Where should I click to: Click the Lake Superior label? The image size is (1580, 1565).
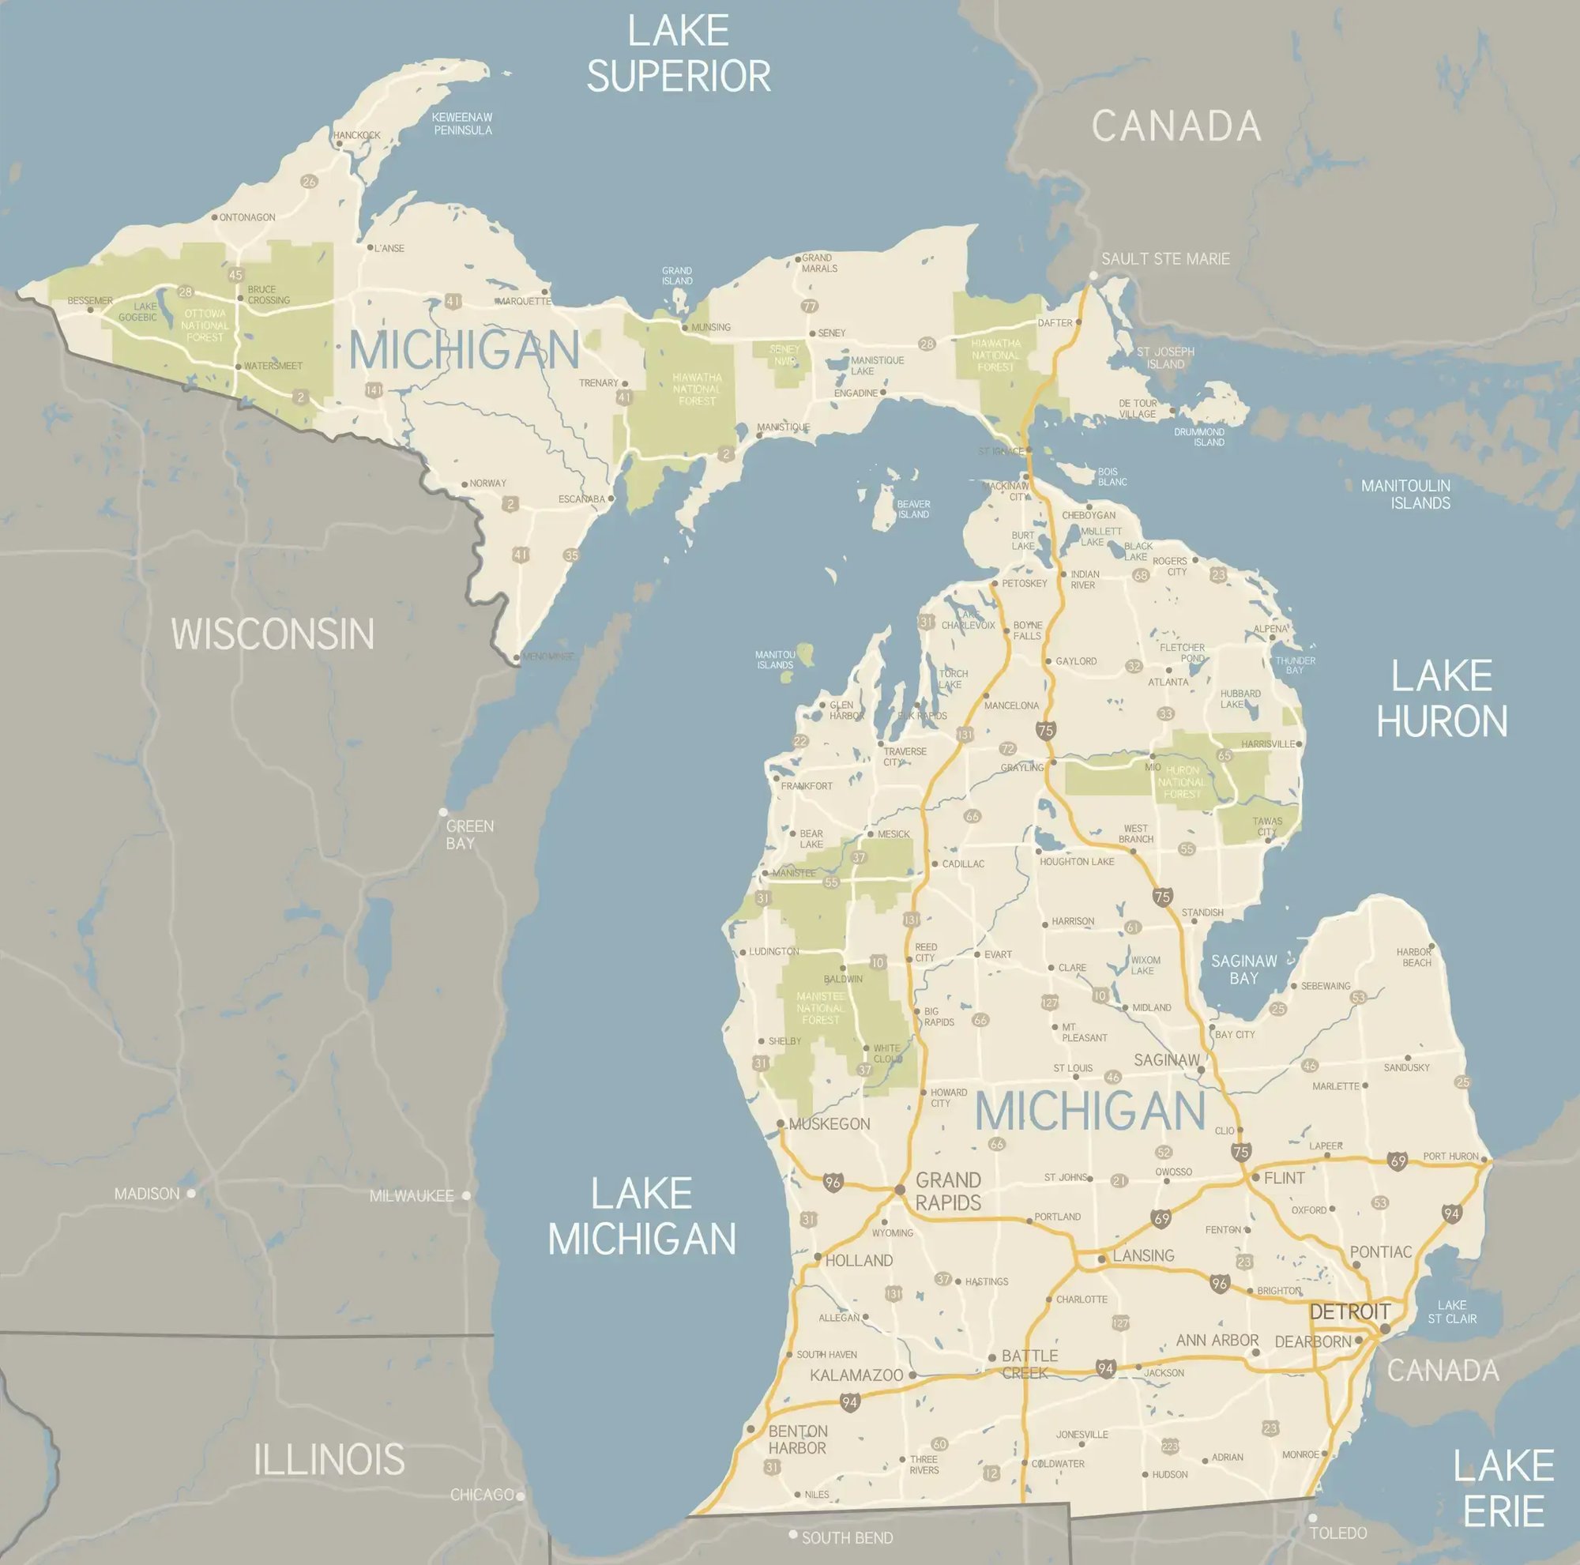pos(678,54)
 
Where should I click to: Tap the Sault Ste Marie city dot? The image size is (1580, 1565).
pos(1093,277)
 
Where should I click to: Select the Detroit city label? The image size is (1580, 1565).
pos(1349,1311)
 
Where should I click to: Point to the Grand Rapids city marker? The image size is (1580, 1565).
pos(900,1189)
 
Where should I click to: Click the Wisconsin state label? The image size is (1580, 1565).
pos(273,634)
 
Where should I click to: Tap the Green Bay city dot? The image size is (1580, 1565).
pos(443,812)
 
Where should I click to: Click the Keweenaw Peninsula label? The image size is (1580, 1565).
pos(462,123)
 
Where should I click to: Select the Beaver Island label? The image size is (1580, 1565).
pos(913,509)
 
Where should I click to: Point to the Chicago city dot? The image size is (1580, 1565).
pos(520,1495)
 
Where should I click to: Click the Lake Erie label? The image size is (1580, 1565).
pos(1503,1488)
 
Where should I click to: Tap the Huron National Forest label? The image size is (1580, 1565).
pos(1182,781)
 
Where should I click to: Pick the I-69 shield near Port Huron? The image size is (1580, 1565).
pos(1397,1161)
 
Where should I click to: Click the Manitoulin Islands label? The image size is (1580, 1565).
pos(1406,494)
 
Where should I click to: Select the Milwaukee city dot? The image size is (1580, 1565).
pos(466,1195)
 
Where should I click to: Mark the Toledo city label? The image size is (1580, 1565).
pos(1338,1533)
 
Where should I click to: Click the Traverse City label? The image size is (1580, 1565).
pos(905,756)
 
